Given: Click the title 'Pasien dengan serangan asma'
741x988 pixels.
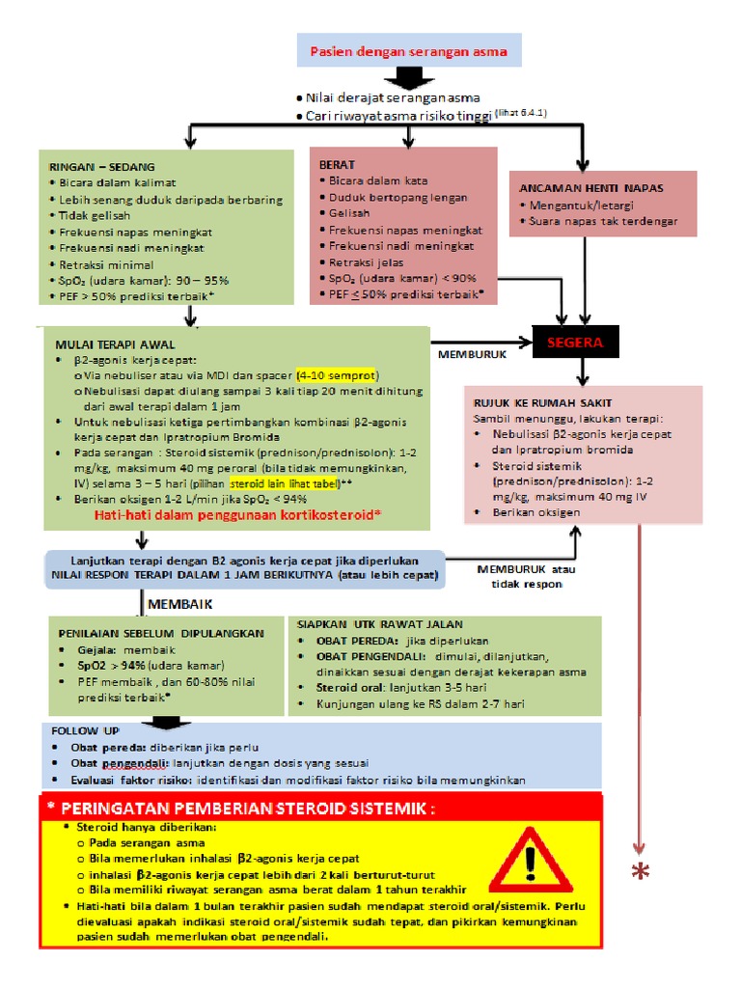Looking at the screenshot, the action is [408, 52].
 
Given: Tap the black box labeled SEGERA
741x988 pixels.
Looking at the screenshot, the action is [575, 343].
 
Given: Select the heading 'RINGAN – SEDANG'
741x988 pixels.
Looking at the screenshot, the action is [101, 167].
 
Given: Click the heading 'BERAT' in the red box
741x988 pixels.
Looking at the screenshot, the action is [337, 164].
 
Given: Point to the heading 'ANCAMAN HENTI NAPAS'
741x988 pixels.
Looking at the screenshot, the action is [591, 188].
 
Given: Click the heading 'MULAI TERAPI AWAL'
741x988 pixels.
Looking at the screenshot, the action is [116, 344].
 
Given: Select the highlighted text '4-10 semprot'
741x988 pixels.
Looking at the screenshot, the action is [337, 375].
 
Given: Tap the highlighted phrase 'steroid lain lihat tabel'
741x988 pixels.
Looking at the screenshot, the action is [285, 484].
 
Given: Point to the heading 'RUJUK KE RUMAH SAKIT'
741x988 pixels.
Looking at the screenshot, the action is [542, 402].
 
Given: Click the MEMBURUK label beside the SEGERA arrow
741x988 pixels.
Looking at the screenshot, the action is [472, 354].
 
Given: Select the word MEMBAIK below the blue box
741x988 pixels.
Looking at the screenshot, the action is [180, 604].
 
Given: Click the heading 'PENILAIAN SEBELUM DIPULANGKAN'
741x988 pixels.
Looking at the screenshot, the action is [161, 633].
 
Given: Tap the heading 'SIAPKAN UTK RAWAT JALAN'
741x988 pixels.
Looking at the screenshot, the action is [380, 624].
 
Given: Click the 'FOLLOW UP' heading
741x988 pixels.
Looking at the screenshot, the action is [86, 730].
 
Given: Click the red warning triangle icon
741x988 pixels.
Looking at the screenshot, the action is [532, 860].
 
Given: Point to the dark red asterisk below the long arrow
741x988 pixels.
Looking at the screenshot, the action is [641, 871].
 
